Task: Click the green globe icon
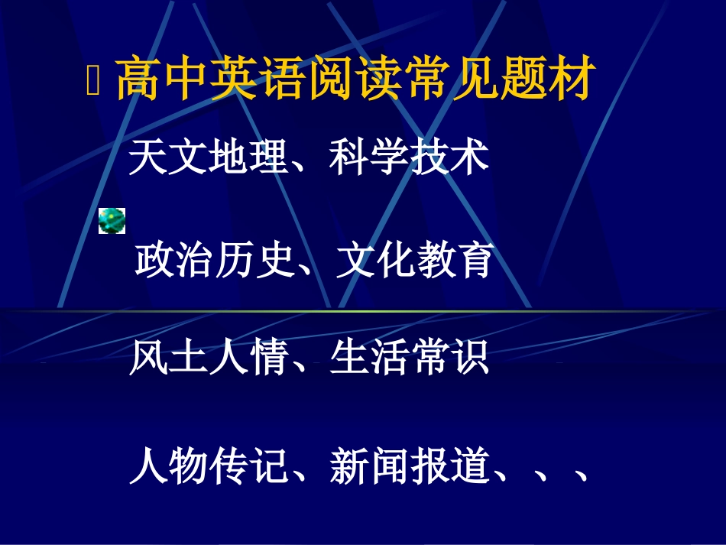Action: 112,220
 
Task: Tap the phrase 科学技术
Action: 409,158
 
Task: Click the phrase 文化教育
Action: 415,261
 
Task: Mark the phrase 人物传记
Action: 207,466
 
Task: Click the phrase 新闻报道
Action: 409,466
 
